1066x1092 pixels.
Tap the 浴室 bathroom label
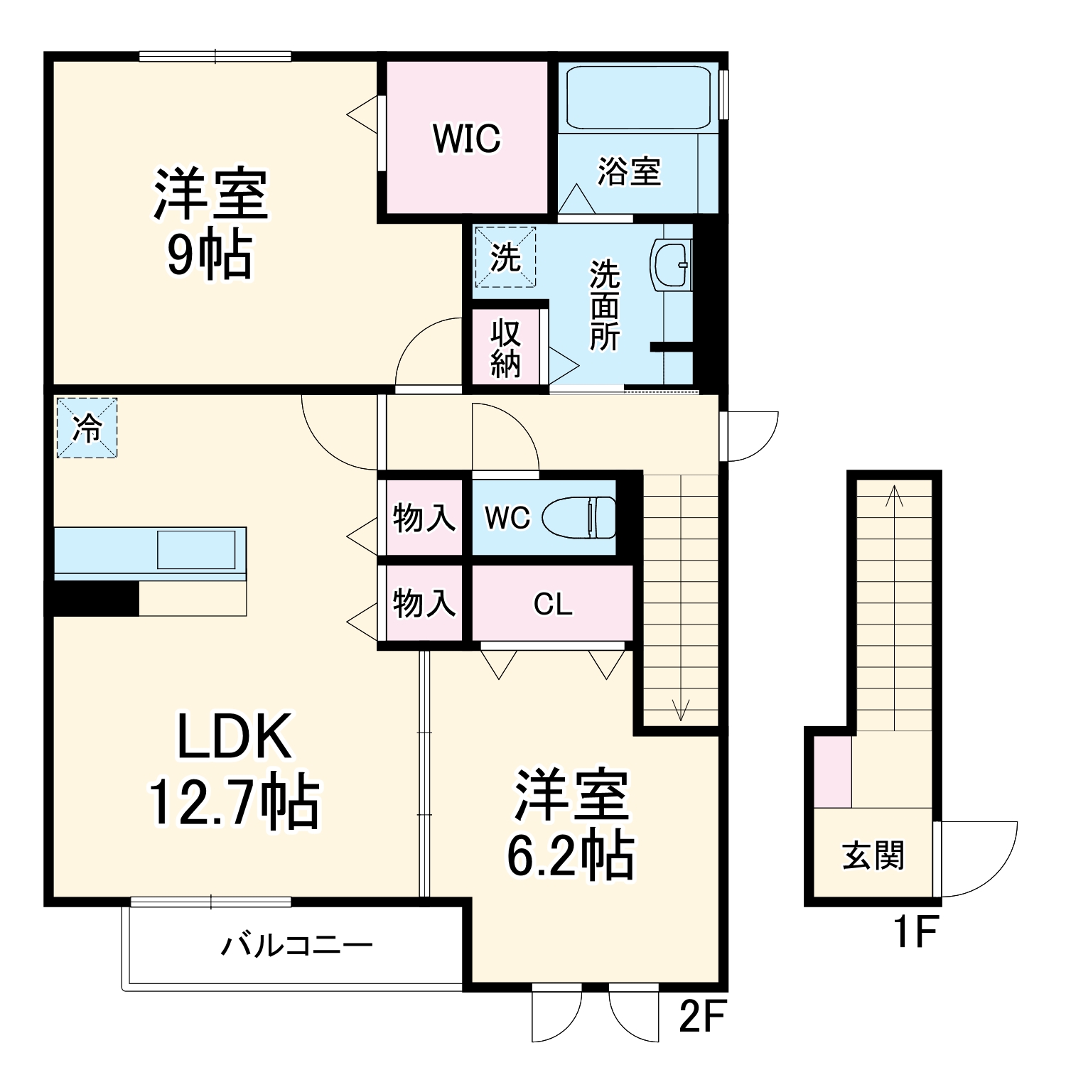coord(629,171)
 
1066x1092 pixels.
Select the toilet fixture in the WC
coord(579,517)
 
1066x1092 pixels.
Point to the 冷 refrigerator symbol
coord(87,427)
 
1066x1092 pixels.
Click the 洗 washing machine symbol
coord(505,256)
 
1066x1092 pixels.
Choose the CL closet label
coord(553,605)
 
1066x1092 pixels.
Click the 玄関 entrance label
coord(873,855)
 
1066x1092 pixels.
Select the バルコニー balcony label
coord(297,946)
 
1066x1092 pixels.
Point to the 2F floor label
coord(702,1018)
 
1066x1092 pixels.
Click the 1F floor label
coord(916,932)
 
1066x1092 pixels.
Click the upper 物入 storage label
coord(424,518)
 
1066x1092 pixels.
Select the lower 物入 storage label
coord(424,603)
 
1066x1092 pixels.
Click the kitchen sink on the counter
coord(196,549)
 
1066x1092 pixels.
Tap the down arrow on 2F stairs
coord(681,598)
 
